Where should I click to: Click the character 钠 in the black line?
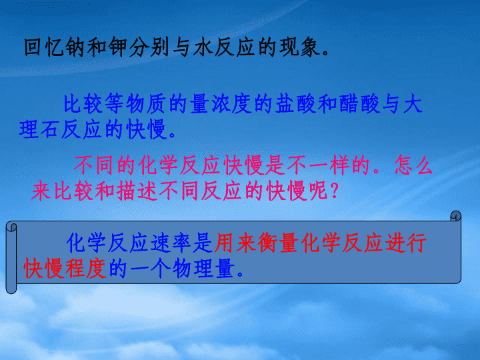[x=75, y=47]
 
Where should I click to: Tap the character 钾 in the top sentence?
[x=117, y=47]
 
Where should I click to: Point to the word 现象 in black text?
[x=299, y=47]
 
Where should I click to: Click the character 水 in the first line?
[x=203, y=47]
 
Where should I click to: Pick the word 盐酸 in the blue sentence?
[x=295, y=103]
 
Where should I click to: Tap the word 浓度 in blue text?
[x=231, y=103]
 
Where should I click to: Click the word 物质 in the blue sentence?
[x=146, y=103]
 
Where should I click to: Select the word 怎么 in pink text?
[x=413, y=165]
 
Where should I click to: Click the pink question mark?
[x=334, y=191]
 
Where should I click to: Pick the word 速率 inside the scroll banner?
[x=171, y=243]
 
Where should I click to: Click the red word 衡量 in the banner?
[x=277, y=243]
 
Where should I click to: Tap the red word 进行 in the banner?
[x=405, y=243]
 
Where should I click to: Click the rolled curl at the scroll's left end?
[x=11, y=258]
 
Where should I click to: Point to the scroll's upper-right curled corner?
[x=456, y=215]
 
